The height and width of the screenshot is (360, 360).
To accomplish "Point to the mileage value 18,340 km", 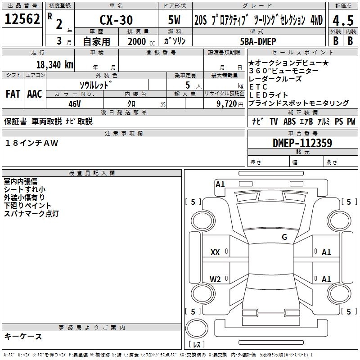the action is [x=54, y=64].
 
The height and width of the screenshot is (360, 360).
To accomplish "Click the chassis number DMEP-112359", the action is [x=302, y=143].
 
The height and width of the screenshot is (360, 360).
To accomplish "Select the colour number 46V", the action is [x=75, y=103].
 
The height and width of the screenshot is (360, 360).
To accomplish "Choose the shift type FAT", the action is [x=13, y=94].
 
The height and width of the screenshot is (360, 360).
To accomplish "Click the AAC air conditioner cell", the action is [x=35, y=94].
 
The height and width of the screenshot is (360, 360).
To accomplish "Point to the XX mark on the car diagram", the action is [x=215, y=252].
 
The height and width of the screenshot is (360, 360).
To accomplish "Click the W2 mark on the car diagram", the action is [x=215, y=279].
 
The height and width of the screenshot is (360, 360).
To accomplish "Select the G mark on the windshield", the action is [x=284, y=237].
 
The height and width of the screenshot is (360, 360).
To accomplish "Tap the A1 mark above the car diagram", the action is [x=220, y=184].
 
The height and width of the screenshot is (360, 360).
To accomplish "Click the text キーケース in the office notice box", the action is [x=23, y=337].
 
